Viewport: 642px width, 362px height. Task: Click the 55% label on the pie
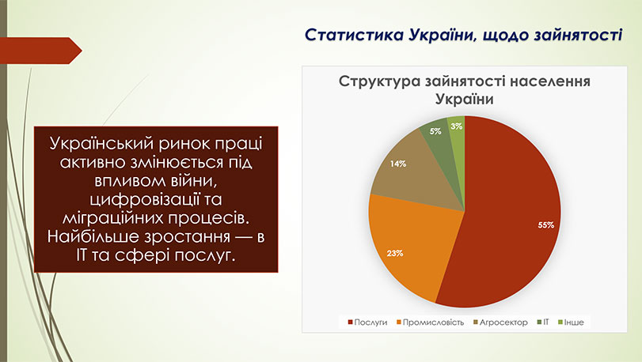pyautogui.click(x=545, y=225)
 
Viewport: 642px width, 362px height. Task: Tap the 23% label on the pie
pyautogui.click(x=396, y=254)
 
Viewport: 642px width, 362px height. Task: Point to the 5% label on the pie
pyautogui.click(x=435, y=131)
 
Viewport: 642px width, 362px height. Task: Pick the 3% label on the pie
pyautogui.click(x=457, y=126)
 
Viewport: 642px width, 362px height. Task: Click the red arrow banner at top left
pyautogui.click(x=44, y=52)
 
